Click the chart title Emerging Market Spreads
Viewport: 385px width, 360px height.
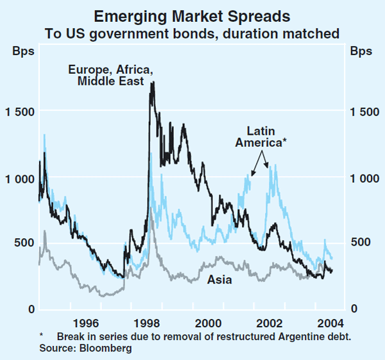[x=193, y=16]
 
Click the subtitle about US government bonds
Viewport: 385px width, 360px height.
[x=193, y=31]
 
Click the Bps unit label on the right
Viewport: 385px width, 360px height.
[x=361, y=52]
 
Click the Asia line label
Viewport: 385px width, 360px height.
[x=219, y=280]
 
